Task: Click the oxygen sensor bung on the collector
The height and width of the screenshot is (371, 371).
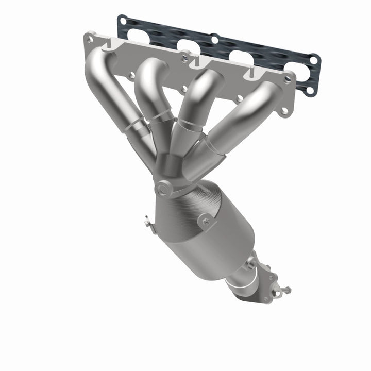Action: (x=164, y=189)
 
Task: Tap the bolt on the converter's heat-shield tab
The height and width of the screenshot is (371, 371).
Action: (x=207, y=223)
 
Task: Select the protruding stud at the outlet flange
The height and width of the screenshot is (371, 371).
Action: (x=284, y=290)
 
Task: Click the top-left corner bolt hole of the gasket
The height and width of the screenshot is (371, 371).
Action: (x=123, y=21)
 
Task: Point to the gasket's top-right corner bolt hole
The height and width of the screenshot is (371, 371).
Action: (x=313, y=61)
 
